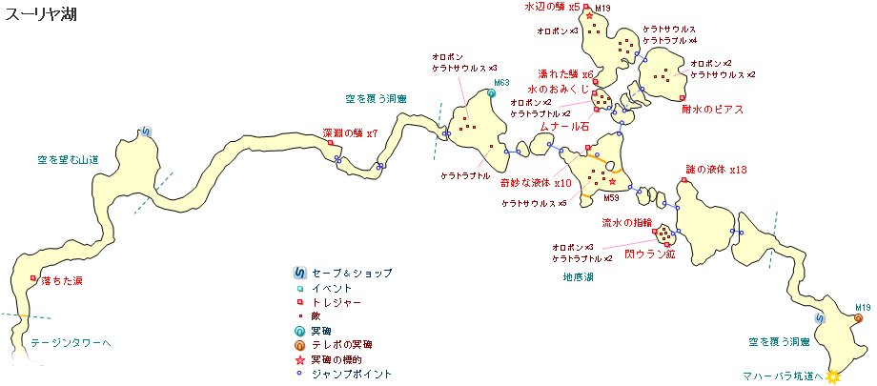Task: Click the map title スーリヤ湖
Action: pos(35,13)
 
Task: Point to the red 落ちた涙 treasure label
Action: pos(62,281)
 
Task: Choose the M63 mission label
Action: pos(502,84)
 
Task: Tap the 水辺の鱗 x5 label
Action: pos(552,8)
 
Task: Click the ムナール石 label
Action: pos(565,126)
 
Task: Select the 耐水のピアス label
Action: pos(712,110)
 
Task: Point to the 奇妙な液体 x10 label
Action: pos(535,183)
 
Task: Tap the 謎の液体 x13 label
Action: pos(716,170)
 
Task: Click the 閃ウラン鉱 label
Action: pos(649,255)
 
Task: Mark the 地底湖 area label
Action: pos(578,277)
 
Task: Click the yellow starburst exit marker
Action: pos(834,376)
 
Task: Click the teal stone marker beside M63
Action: pos(493,93)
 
